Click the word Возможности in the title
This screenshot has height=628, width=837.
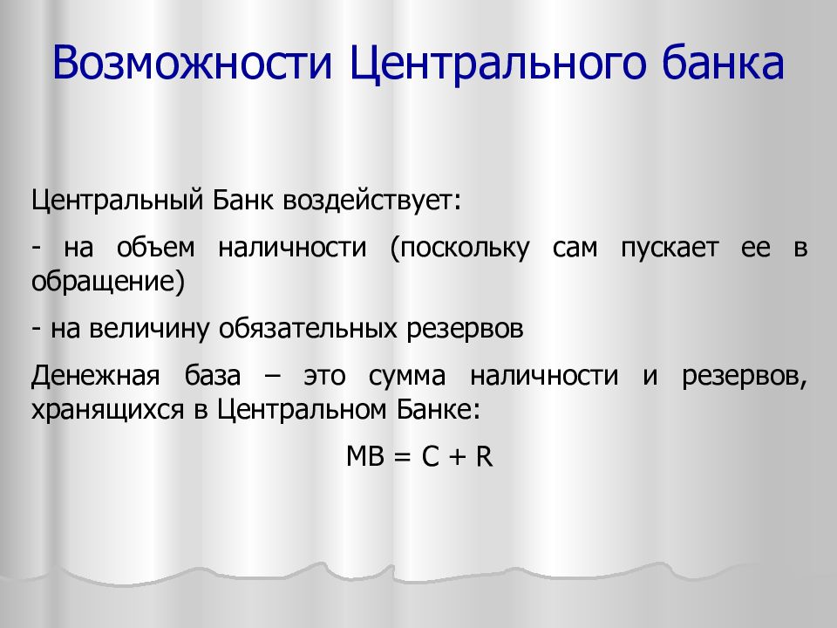pyautogui.click(x=193, y=63)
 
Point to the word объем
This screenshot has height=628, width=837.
pyautogui.click(x=156, y=247)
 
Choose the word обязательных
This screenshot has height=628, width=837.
pyautogui.click(x=308, y=329)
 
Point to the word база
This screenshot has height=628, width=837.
pyautogui.click(x=213, y=375)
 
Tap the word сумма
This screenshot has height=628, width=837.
pyautogui.click(x=407, y=376)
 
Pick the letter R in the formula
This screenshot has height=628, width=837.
pyautogui.click(x=484, y=456)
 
